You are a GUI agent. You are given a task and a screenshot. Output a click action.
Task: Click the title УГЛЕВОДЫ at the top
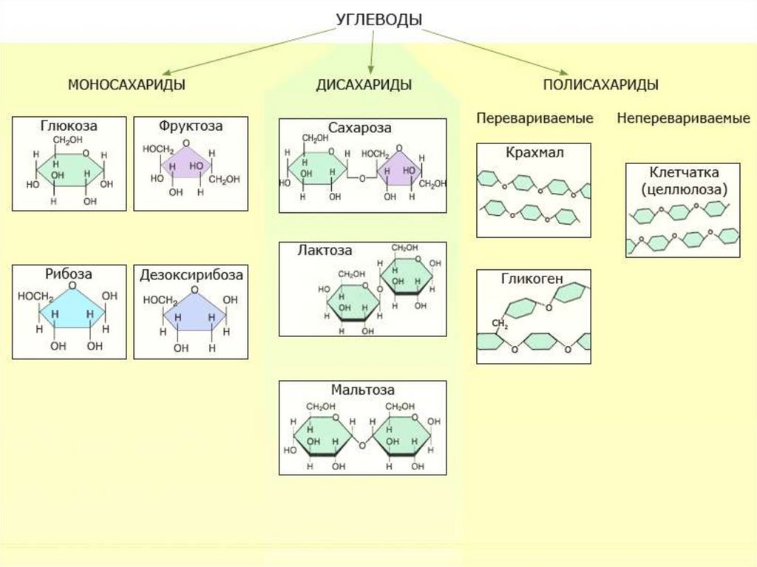(x=378, y=20)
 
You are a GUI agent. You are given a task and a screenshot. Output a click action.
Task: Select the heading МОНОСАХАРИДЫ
(x=126, y=85)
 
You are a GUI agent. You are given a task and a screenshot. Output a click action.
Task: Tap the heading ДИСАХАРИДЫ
(x=364, y=85)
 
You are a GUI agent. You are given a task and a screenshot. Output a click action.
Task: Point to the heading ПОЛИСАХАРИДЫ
(x=600, y=85)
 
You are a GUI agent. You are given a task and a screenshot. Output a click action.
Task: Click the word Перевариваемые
(x=534, y=118)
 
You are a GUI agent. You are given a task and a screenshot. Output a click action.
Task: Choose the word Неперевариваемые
(x=683, y=118)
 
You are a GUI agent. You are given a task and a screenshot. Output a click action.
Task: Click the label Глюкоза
(x=69, y=126)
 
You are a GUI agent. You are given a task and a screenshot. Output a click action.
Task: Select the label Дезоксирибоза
(x=191, y=275)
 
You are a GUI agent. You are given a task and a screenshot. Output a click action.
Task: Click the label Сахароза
(x=361, y=128)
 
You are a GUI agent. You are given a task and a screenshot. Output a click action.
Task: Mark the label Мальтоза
(x=362, y=390)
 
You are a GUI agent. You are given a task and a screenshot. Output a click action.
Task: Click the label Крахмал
(x=535, y=153)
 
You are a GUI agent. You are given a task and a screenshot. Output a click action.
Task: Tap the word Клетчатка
(x=684, y=173)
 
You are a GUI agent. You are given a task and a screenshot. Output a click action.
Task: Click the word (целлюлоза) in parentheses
(x=684, y=189)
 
